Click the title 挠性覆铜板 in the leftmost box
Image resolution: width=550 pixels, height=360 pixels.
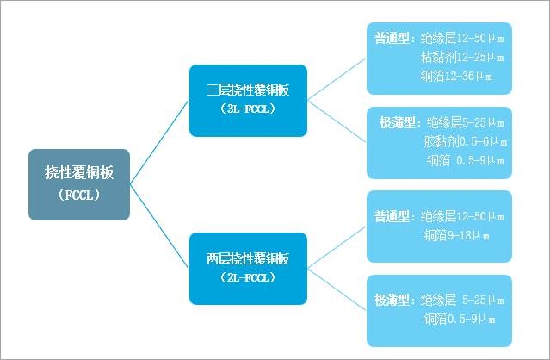tap(79, 172)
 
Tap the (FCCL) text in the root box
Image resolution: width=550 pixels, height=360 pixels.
tap(79, 195)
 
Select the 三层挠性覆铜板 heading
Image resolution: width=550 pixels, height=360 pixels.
tap(248, 90)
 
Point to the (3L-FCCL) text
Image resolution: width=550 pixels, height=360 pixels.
tap(248, 109)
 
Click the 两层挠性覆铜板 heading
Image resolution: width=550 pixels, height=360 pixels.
tap(248, 258)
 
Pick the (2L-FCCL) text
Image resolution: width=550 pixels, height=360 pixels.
tap(248, 277)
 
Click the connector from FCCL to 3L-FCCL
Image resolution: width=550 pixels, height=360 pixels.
tap(160, 142)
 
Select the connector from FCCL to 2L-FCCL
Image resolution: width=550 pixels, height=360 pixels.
tap(160, 227)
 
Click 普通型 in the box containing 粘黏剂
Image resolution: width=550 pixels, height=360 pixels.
tap(393, 39)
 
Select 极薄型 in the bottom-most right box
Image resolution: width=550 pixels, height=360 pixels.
tap(393, 300)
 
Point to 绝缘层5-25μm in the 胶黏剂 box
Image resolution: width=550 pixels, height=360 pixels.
tap(466, 122)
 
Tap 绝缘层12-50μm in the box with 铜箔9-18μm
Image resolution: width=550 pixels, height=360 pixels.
tap(466, 215)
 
